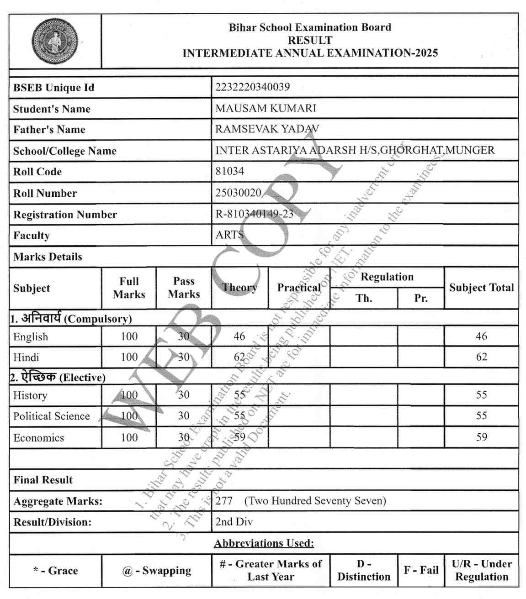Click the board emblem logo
coord(55,41)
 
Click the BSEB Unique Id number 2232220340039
coord(252,87)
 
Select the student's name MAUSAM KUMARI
coord(266,108)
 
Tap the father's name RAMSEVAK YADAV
coord(267,129)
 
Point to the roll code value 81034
coord(229,171)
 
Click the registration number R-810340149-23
coord(254,214)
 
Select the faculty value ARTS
coord(229,235)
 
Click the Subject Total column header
coord(481,288)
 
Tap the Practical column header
coord(299,288)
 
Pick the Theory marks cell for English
coord(239,336)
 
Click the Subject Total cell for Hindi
coord(481,357)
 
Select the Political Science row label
coord(52,416)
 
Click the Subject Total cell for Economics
coord(481,437)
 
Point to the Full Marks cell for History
coord(129,395)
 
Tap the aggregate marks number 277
coord(224,501)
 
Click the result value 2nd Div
coord(234,521)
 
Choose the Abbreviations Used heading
coord(264,543)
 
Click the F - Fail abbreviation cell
coord(421,570)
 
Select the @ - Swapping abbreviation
coord(157,571)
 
